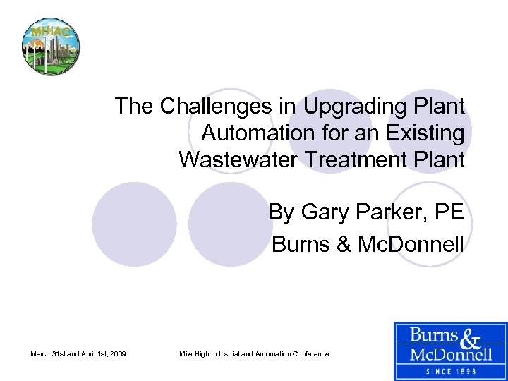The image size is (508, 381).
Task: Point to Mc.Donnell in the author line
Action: pos(413,244)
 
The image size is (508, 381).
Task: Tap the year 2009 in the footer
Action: pos(115,353)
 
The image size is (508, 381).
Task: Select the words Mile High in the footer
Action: pos(194,353)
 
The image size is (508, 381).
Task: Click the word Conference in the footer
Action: pos(310,353)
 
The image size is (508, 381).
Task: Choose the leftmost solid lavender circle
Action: pos(134,224)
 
